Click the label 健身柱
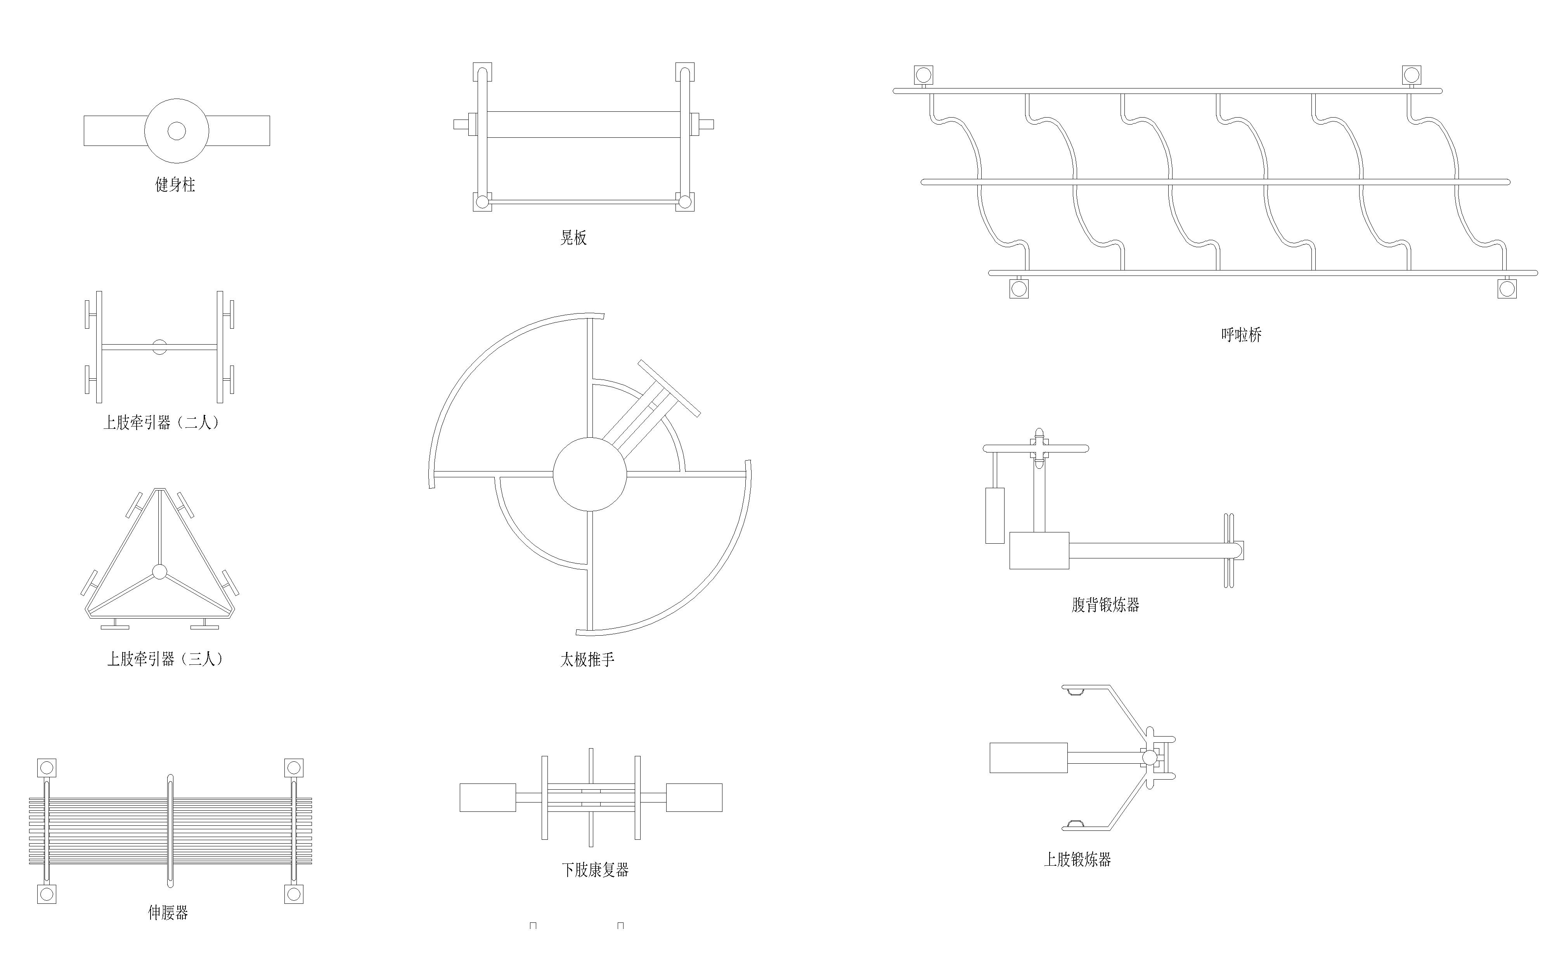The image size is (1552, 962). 175,184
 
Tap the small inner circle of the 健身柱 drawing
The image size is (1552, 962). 177,131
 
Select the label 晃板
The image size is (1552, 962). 573,238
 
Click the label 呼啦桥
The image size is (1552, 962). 1241,335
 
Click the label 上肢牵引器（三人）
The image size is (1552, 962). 165,659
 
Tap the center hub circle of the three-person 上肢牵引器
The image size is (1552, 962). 159,572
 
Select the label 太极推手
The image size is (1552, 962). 587,660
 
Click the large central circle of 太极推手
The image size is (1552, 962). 590,474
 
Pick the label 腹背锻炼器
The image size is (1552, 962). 1105,605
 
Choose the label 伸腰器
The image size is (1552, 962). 168,913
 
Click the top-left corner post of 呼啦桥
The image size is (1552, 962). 923,75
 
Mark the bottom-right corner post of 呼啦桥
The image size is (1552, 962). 1507,289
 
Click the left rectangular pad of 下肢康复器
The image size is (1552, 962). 488,797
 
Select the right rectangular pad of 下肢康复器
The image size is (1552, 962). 694,797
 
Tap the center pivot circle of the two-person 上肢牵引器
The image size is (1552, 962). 159,347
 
